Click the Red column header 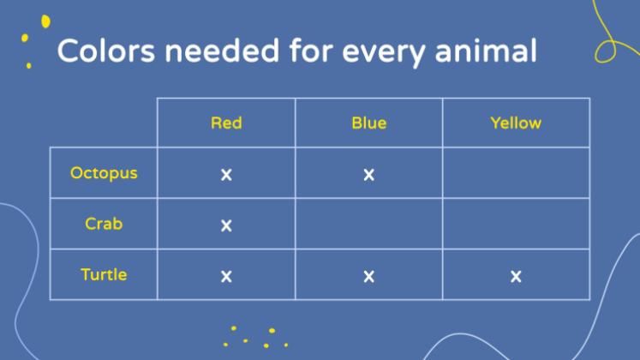click(x=226, y=123)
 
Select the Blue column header click(x=369, y=123)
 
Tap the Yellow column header click(x=516, y=123)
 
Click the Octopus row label click(x=104, y=173)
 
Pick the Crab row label click(x=104, y=224)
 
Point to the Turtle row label click(x=104, y=274)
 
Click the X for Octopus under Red click(x=226, y=175)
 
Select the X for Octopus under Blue click(x=369, y=175)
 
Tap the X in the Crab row click(x=226, y=225)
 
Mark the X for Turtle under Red click(x=226, y=276)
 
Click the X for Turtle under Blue click(x=369, y=276)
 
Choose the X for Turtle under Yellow click(x=516, y=276)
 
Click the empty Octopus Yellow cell click(x=516, y=173)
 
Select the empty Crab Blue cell click(x=369, y=224)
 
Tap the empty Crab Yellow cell click(x=516, y=224)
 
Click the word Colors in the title click(x=106, y=51)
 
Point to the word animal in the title click(x=486, y=51)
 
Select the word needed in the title click(x=222, y=51)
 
